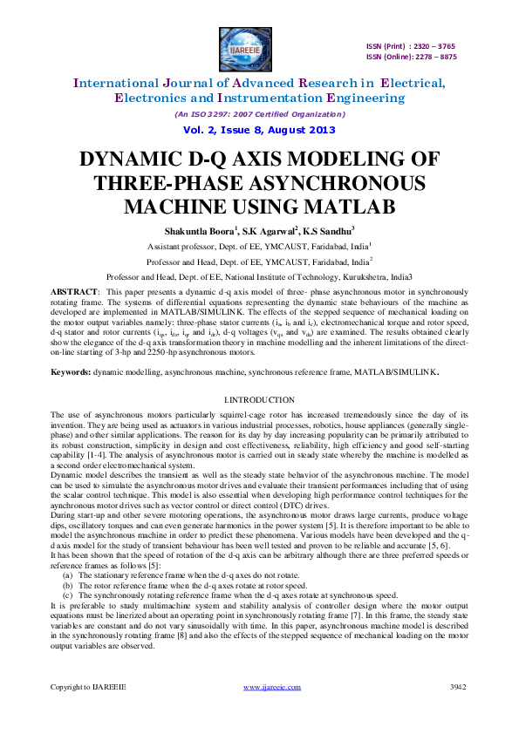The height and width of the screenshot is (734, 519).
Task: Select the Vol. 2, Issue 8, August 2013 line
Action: [259, 130]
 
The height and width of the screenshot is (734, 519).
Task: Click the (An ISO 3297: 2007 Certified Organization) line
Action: [259, 114]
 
